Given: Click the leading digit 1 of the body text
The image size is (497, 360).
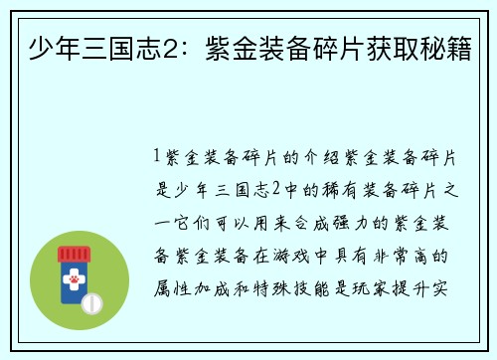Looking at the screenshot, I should (159, 156).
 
